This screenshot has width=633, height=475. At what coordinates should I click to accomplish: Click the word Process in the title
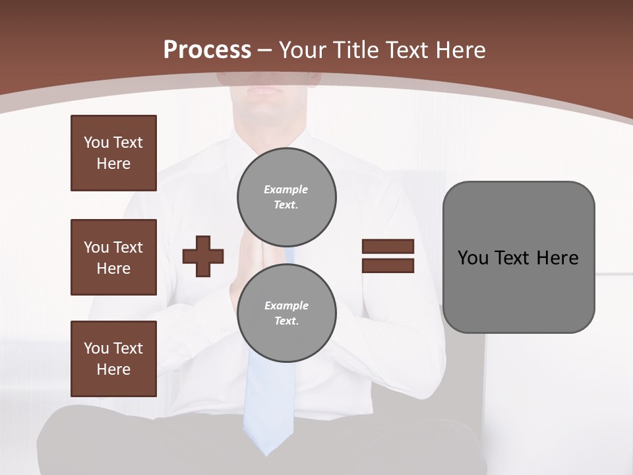pyautogui.click(x=207, y=50)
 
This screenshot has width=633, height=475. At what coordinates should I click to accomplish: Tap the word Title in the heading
pyautogui.click(x=356, y=50)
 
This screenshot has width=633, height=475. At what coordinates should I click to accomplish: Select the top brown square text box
pyautogui.click(x=113, y=153)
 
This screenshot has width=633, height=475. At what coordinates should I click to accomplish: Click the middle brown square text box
pyautogui.click(x=113, y=257)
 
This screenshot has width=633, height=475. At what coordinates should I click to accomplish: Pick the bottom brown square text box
pyautogui.click(x=113, y=359)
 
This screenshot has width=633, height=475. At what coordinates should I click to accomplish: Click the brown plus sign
pyautogui.click(x=203, y=256)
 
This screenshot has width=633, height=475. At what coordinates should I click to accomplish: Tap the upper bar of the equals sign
pyautogui.click(x=388, y=247)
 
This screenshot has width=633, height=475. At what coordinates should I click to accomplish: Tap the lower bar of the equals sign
pyautogui.click(x=388, y=265)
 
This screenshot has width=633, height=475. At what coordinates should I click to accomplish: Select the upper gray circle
pyautogui.click(x=287, y=197)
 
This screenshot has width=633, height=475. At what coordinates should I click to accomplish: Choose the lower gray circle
pyautogui.click(x=287, y=313)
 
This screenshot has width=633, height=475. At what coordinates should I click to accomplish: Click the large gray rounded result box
pyautogui.click(x=518, y=257)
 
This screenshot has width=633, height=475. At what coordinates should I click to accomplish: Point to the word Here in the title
pyautogui.click(x=457, y=50)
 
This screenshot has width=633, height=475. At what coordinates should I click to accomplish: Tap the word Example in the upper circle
pyautogui.click(x=286, y=190)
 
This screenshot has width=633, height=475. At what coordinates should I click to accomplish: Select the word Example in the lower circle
pyautogui.click(x=286, y=306)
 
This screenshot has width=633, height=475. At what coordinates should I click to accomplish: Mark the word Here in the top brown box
pyautogui.click(x=113, y=164)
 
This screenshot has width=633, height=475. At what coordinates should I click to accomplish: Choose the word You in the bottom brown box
pyautogui.click(x=96, y=348)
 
